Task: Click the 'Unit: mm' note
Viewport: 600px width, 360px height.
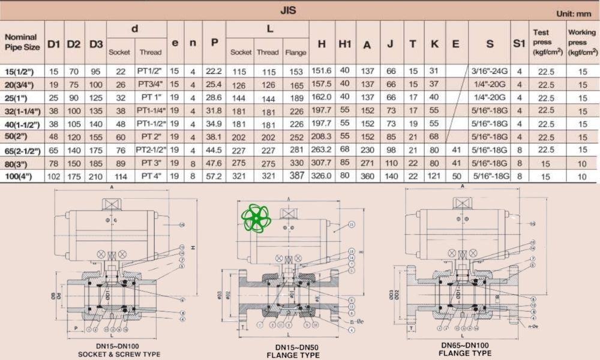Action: pos(574,14)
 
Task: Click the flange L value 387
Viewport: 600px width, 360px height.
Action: pos(295,176)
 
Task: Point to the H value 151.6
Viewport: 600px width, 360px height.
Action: pos(322,71)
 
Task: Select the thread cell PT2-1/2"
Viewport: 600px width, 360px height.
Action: pos(150,150)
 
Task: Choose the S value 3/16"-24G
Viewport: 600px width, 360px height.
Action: pos(490,71)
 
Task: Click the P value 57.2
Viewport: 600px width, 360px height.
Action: pos(214,176)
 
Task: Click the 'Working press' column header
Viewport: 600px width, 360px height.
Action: pos(582,42)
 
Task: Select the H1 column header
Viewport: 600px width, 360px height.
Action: pos(344,43)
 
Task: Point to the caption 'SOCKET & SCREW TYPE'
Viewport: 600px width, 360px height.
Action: pos(119,355)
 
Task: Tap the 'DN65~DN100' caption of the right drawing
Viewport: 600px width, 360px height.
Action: pos(466,346)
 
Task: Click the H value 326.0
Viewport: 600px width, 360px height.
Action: pos(322,176)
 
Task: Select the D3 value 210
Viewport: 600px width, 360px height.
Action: pos(95,176)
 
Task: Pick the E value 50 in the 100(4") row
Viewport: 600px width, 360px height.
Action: pos(456,176)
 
